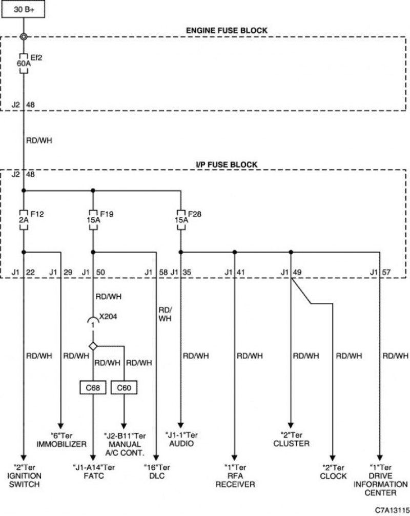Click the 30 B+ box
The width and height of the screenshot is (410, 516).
[x=23, y=9]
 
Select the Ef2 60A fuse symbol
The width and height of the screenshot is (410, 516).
[x=24, y=63]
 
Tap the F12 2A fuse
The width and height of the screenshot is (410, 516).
[x=24, y=219]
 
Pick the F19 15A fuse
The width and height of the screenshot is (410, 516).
[x=93, y=219]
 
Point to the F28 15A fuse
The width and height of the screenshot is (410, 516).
[x=181, y=219]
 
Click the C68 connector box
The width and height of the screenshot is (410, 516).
[x=93, y=388]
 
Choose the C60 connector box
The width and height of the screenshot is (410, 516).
[x=124, y=388]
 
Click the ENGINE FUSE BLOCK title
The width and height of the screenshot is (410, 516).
[x=227, y=31]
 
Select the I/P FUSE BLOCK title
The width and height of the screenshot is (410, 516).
[x=227, y=164]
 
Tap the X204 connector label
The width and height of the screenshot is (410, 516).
[x=108, y=317]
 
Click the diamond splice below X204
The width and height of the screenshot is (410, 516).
[x=93, y=346]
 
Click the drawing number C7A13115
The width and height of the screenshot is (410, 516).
[x=392, y=510]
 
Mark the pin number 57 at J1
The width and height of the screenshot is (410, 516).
[x=386, y=273]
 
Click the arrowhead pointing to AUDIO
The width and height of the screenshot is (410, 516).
[x=180, y=425]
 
